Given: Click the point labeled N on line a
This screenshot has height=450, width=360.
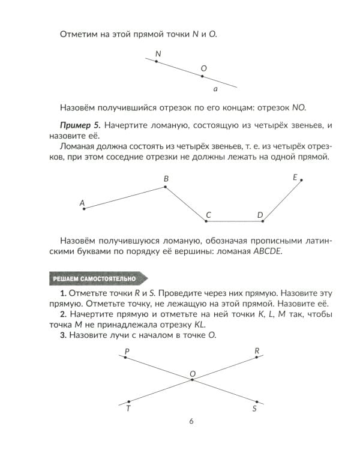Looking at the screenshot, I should pos(156,62).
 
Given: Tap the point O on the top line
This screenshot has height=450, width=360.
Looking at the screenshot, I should pos(202,76).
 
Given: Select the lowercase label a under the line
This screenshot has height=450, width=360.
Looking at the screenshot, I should pos(215,89).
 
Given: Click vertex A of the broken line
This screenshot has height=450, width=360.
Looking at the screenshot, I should pos(84,209).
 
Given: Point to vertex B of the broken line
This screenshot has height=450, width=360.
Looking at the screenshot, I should pos(166,187).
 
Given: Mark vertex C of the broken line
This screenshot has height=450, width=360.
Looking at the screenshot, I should pos(206,221).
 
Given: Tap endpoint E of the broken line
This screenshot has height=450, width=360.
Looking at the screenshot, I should pos(301,179).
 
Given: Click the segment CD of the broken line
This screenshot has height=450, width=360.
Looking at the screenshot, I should pos(234,221).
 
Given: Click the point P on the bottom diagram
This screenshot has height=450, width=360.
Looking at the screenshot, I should pos(125,358).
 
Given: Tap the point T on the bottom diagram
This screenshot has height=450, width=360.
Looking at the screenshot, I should pos(128,402).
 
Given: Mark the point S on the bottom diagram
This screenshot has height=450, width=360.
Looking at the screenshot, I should pos(256,401).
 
